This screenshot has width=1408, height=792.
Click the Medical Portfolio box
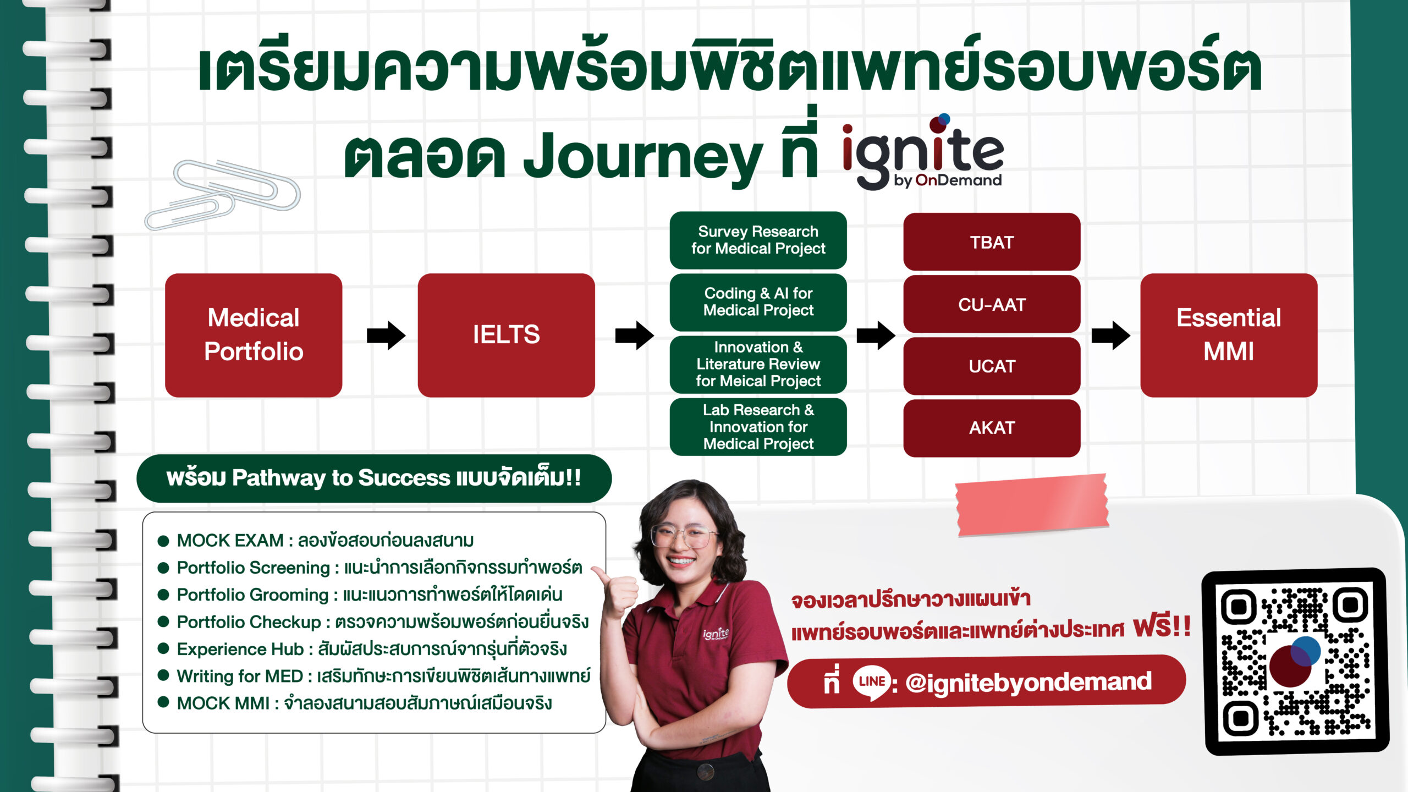point(254,335)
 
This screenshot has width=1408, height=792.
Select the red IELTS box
point(506,335)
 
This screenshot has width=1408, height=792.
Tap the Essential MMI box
point(1228,335)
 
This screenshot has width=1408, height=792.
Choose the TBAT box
point(991,242)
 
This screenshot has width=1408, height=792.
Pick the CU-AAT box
point(991,304)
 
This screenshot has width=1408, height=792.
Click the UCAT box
point(991,366)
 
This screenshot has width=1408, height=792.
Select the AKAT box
point(991,427)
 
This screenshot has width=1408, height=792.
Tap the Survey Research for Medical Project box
point(758,240)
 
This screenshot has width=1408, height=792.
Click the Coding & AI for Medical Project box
point(758,302)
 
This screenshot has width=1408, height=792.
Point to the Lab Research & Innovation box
point(758,427)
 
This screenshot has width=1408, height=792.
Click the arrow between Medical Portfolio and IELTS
point(386,335)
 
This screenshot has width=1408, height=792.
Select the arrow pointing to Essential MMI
point(1110,335)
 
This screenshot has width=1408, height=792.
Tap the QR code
point(1295,662)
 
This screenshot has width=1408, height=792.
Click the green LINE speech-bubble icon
point(871,682)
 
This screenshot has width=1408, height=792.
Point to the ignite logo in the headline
point(923,154)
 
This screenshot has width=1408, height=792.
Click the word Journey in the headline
point(642,157)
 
